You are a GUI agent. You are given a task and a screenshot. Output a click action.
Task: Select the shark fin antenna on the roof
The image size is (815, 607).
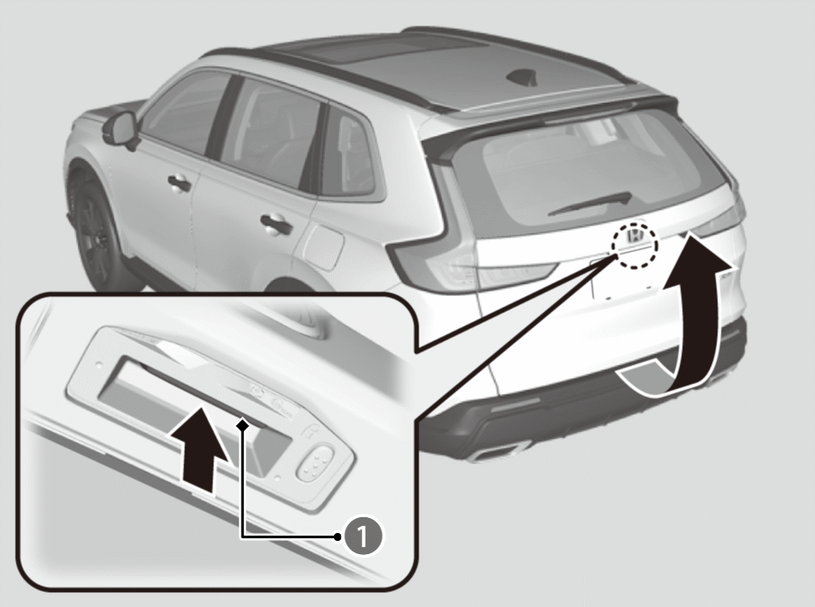click(522, 78)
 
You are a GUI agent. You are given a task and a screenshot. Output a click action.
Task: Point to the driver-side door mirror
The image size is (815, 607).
click(120, 130)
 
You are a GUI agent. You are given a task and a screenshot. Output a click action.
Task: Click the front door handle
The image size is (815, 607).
click(180, 183)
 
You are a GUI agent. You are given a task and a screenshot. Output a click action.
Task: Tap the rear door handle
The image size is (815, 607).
click(276, 225)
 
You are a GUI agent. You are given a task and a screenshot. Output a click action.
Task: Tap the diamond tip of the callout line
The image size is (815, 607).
click(242, 426)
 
